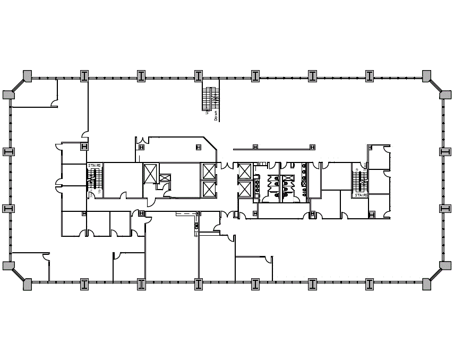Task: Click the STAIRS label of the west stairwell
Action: (95, 166)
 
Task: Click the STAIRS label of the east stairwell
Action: (361, 195)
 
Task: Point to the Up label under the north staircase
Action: (206, 111)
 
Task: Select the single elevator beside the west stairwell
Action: (150, 173)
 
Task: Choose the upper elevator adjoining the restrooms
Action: (244, 172)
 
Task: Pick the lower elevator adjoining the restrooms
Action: (244, 189)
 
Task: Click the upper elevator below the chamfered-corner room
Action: (208, 171)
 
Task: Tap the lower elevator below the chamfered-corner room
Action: (208, 189)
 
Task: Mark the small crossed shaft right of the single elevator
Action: (165, 178)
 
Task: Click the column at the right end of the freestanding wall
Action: (313, 147)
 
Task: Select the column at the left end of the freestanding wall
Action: (255, 147)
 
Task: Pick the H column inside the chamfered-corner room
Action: (198, 147)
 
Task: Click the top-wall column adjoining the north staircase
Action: (198, 76)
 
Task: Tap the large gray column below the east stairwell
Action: (372, 215)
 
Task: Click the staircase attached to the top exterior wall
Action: (211, 98)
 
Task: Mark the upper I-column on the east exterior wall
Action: (445, 152)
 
